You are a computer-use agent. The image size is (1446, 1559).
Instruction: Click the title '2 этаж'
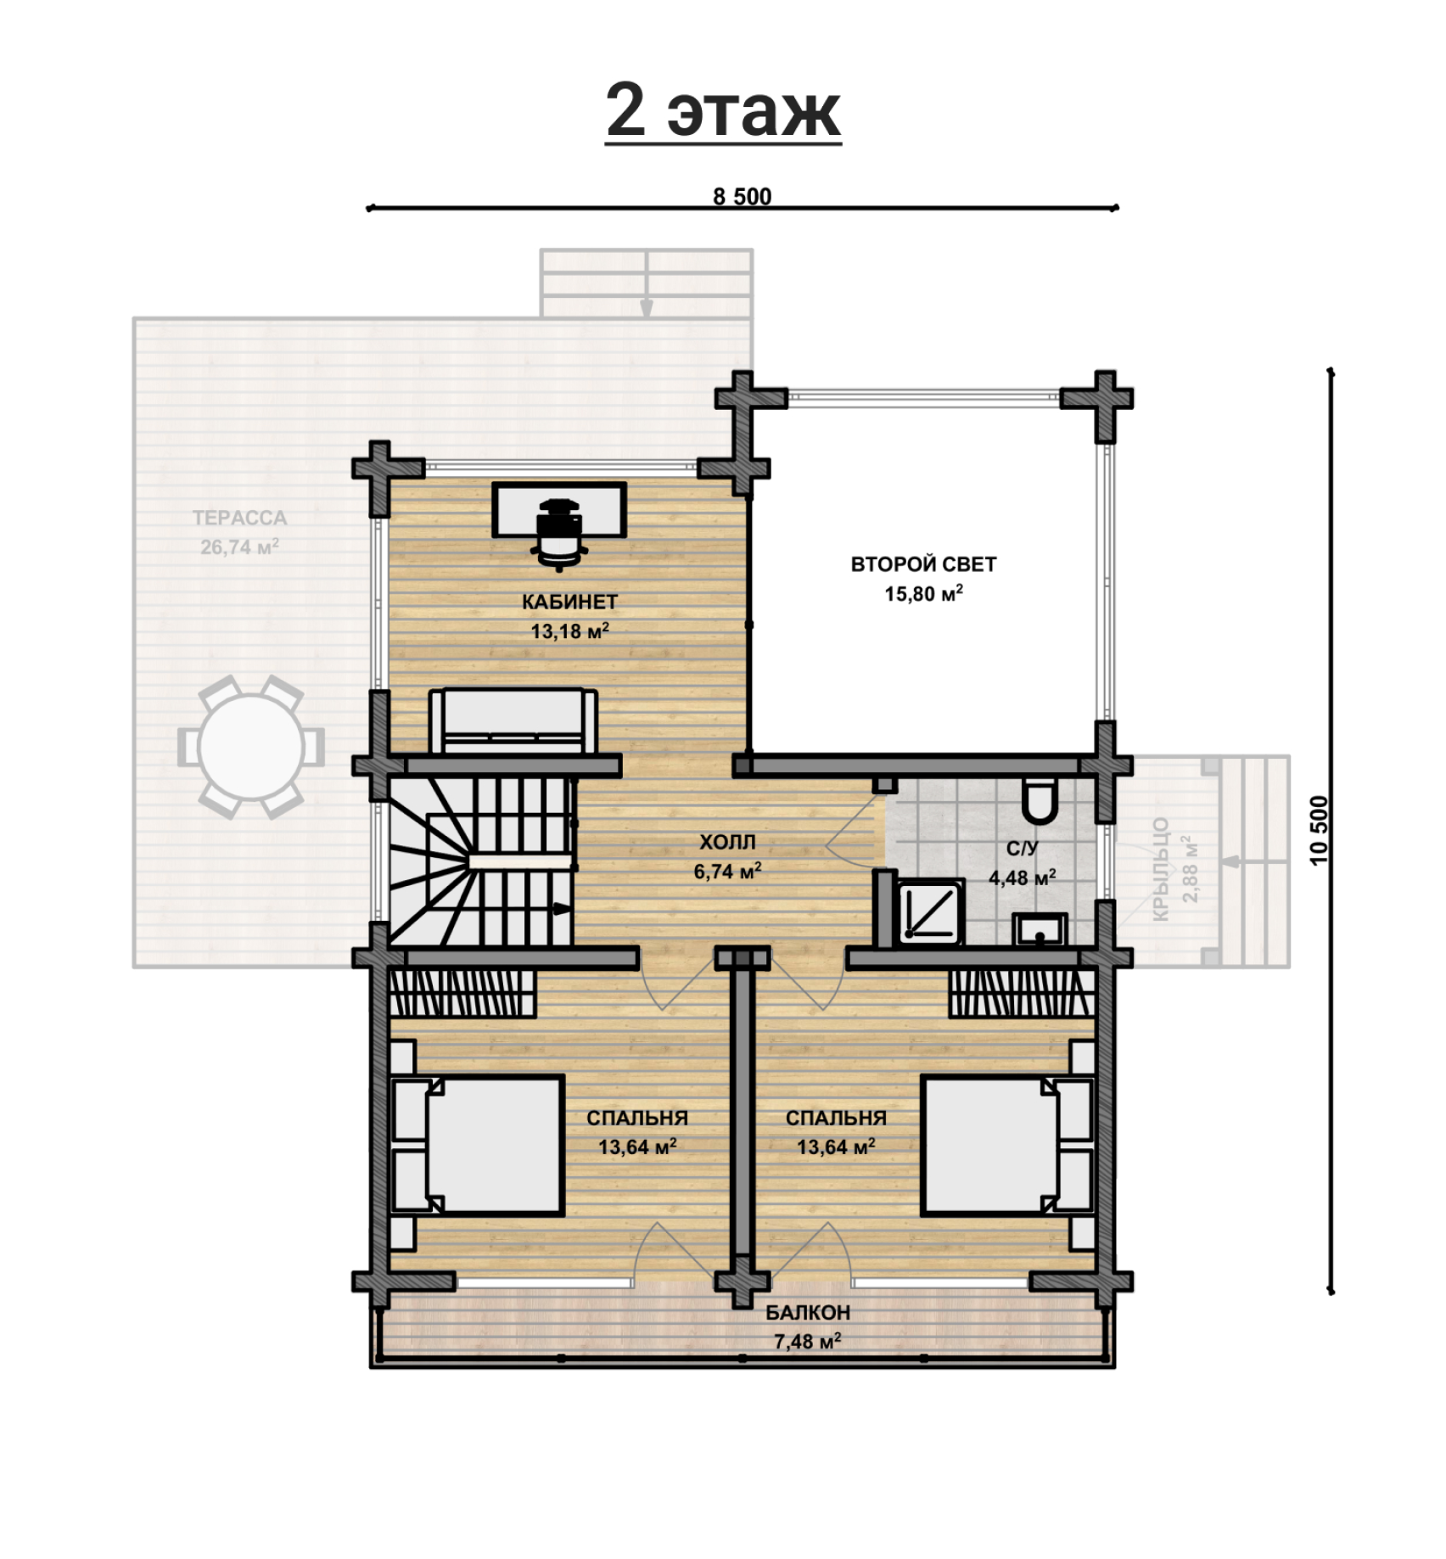pyautogui.click(x=723, y=112)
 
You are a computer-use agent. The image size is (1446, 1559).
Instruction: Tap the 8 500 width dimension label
pyautogui.click(x=743, y=197)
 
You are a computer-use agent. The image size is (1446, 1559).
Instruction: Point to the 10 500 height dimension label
pyautogui.click(x=1318, y=830)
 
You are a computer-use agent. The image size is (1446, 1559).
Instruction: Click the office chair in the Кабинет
pyautogui.click(x=559, y=532)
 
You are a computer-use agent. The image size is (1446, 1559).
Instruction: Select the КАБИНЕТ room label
pyautogui.click(x=569, y=602)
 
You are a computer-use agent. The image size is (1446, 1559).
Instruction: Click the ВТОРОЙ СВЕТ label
pyautogui.click(x=923, y=564)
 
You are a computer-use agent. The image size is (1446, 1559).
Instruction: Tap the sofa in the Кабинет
pyautogui.click(x=513, y=721)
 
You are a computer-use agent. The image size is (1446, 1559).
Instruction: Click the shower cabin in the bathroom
pyautogui.click(x=931, y=912)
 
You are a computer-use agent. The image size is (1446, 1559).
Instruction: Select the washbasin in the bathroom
pyautogui.click(x=1040, y=929)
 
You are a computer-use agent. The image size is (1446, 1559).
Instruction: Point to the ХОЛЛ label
pyautogui.click(x=727, y=842)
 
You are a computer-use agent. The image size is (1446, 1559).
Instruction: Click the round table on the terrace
pyautogui.click(x=251, y=747)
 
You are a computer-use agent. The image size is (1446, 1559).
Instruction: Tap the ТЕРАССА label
pyautogui.click(x=240, y=518)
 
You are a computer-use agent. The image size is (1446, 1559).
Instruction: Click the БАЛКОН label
pyautogui.click(x=808, y=1313)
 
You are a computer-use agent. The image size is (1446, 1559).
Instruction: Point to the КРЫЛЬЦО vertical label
pyautogui.click(x=1162, y=869)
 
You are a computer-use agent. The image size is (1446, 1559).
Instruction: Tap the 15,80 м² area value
pyautogui.click(x=923, y=593)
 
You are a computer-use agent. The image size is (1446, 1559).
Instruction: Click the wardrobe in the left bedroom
pyautogui.click(x=463, y=993)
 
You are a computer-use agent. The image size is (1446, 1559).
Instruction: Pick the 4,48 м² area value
pyautogui.click(x=1022, y=877)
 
